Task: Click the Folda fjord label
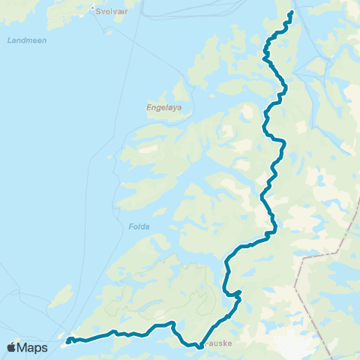139,226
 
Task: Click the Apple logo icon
11,348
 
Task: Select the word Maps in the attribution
32,348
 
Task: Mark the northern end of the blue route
290,12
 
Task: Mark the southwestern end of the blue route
67,343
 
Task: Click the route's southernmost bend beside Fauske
199,347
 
